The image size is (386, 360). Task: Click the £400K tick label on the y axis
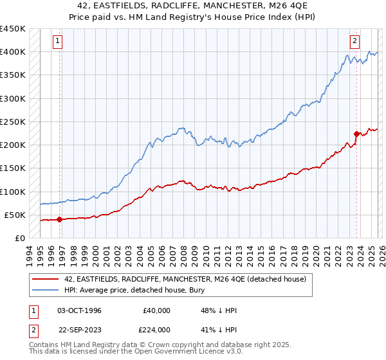(x=12, y=52)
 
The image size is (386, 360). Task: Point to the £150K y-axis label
(x=12, y=168)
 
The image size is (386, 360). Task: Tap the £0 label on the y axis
(x=19, y=239)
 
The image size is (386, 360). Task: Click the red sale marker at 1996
(x=60, y=219)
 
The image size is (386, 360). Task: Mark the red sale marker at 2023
(x=356, y=134)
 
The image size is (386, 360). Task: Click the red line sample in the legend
(x=46, y=278)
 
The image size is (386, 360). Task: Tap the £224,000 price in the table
(x=156, y=329)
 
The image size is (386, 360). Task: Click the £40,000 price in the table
(x=156, y=310)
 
